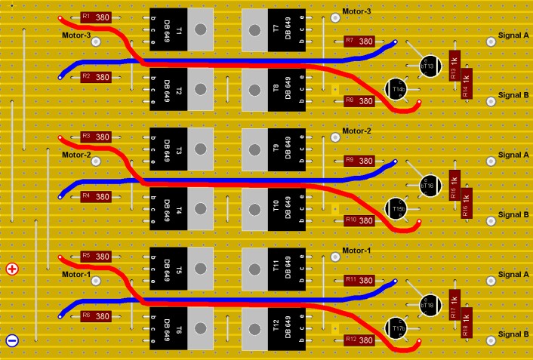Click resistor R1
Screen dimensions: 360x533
(x=96, y=17)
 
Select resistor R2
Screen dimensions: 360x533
(x=96, y=77)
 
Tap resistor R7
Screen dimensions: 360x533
(x=359, y=41)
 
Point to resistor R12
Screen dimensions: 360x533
(x=359, y=340)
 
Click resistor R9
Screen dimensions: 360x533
(x=359, y=161)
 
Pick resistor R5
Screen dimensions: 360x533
(x=96, y=257)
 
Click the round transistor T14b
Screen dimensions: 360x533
(x=397, y=90)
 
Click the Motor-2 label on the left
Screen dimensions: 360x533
(x=76, y=155)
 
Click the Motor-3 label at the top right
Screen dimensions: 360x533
(x=356, y=11)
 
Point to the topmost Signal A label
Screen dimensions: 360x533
(x=514, y=35)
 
